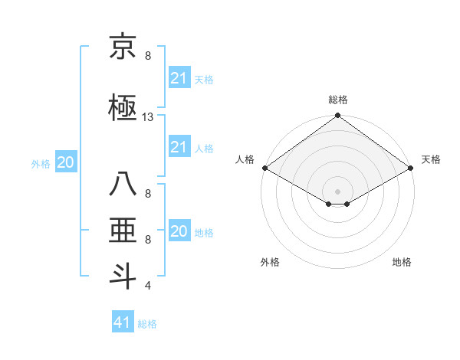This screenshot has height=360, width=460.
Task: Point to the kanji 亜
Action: click(x=123, y=231)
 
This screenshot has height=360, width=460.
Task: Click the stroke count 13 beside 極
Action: click(x=148, y=117)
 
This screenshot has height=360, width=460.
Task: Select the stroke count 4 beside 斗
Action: click(x=148, y=286)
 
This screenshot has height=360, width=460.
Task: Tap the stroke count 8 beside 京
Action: click(x=148, y=56)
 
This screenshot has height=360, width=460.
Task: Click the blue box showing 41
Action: click(x=123, y=322)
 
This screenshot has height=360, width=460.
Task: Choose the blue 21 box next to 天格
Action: click(x=179, y=77)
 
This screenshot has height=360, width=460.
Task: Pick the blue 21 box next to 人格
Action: click(x=179, y=146)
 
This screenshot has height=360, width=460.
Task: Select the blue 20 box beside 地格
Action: click(x=179, y=231)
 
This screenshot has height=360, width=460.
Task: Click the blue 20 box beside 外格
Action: click(x=65, y=162)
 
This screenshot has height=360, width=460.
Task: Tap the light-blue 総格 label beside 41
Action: click(x=147, y=324)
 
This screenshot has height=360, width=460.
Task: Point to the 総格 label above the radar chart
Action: click(x=337, y=100)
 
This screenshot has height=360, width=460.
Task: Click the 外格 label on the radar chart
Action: click(x=270, y=262)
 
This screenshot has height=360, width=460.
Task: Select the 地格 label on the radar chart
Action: click(x=402, y=262)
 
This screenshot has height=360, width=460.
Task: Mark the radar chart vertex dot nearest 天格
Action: click(x=411, y=168)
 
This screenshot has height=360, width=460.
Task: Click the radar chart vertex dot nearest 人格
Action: click(x=264, y=168)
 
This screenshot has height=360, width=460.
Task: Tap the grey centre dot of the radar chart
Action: click(x=337, y=190)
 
